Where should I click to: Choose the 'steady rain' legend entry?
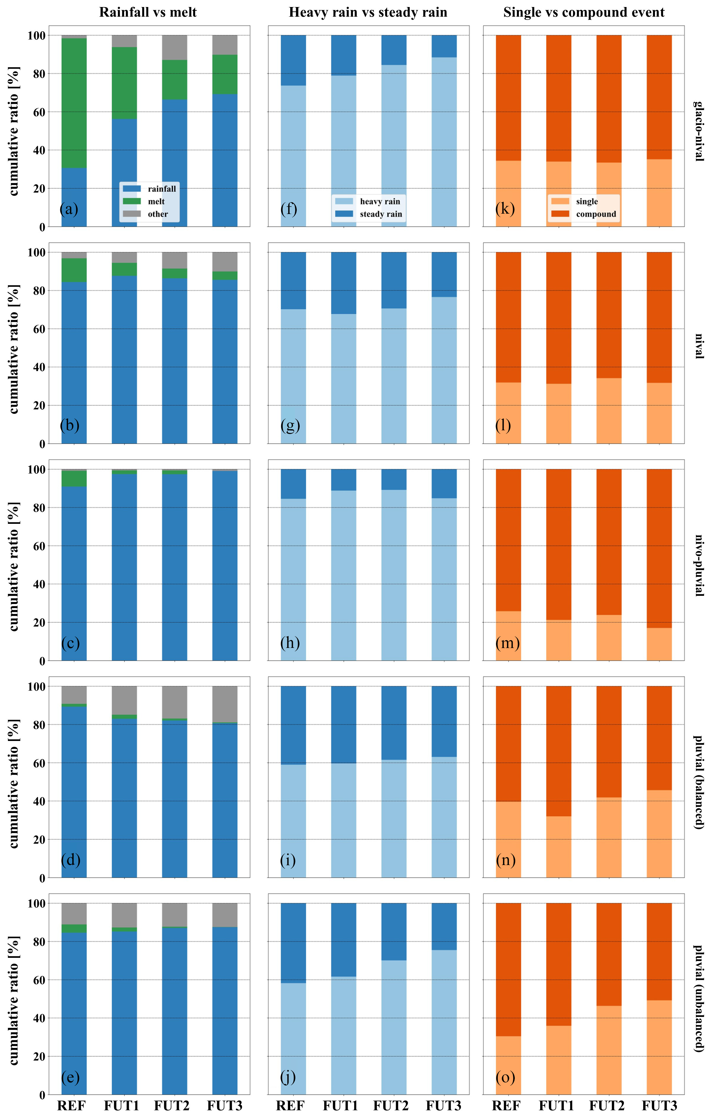(381, 214)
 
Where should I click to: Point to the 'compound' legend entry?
(596, 214)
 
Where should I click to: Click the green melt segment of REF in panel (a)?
(74, 103)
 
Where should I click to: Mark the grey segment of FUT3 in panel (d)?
(225, 704)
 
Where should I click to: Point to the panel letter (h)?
(290, 642)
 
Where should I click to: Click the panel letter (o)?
(505, 1077)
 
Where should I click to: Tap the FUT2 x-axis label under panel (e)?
(171, 1105)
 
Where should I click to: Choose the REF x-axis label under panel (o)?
(506, 1105)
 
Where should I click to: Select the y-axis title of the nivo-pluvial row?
(14, 566)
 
